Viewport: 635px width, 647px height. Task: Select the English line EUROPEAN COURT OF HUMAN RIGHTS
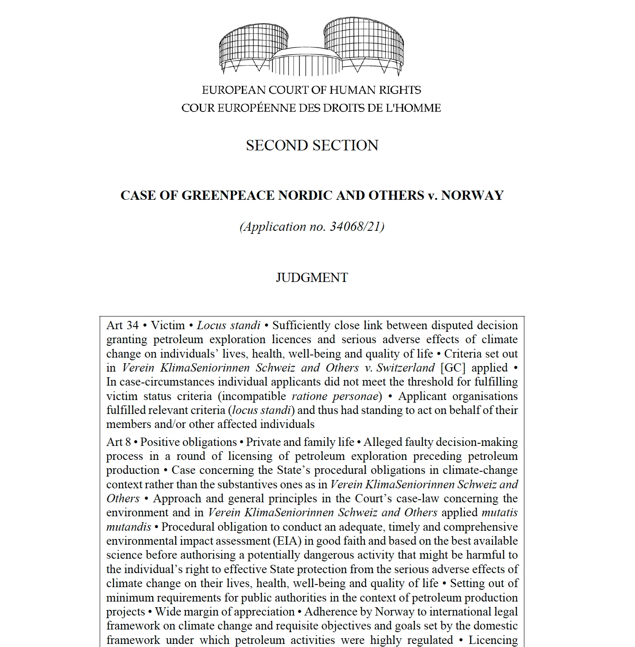pyautogui.click(x=311, y=90)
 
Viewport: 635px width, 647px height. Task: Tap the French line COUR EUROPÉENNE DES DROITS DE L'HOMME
pyautogui.click(x=311, y=108)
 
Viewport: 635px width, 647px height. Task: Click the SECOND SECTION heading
pyautogui.click(x=312, y=146)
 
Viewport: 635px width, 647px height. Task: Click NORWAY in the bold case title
pyautogui.click(x=472, y=195)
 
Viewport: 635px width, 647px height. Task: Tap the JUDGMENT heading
pyautogui.click(x=312, y=278)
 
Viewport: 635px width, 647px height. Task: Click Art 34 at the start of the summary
pyautogui.click(x=122, y=325)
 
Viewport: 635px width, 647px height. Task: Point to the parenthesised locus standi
pyautogui.click(x=262, y=410)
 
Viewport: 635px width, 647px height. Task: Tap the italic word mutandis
pyautogui.click(x=129, y=527)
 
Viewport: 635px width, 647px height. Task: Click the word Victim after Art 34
pyautogui.click(x=168, y=325)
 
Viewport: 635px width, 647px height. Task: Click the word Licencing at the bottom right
pyautogui.click(x=493, y=640)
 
